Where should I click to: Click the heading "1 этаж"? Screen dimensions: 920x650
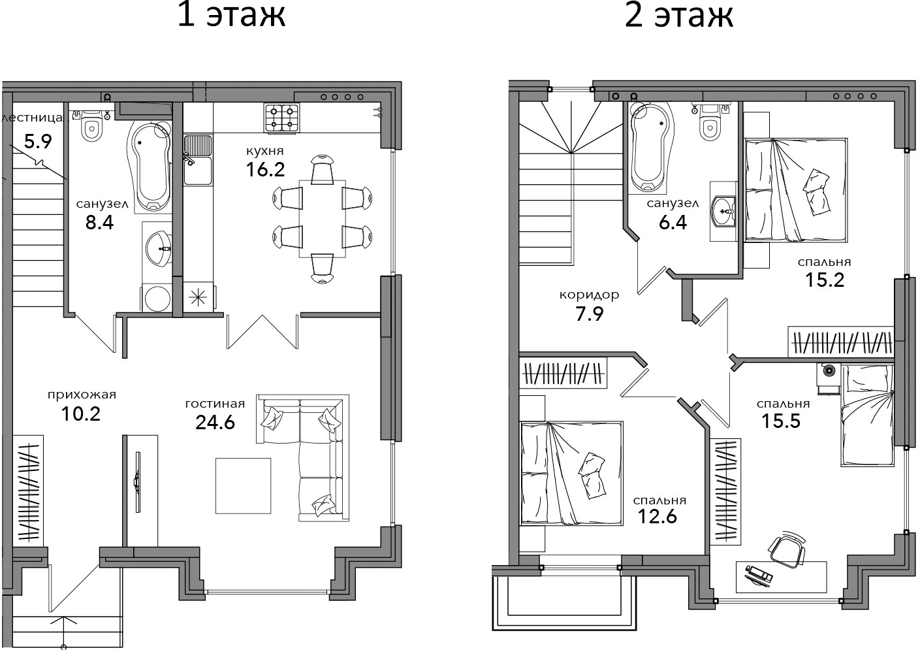tap(231, 15)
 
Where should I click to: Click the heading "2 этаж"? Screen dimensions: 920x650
tap(678, 15)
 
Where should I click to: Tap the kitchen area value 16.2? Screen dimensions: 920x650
tap(265, 169)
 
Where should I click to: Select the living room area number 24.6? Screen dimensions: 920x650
tap(215, 422)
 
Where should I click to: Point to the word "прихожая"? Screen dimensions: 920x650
tap(82, 395)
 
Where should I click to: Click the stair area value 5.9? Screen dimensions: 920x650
tap(38, 141)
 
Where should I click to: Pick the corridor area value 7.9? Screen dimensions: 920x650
tap(589, 314)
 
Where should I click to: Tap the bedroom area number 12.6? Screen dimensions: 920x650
tap(657, 516)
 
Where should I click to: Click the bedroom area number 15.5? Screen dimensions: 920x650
tap(781, 421)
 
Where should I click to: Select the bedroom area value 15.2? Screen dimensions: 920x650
tap(824, 280)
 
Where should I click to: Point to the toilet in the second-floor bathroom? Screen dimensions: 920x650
tap(711, 123)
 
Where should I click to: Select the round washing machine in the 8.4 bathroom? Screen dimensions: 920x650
tap(158, 298)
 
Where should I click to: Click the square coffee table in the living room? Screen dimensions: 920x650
tap(243, 485)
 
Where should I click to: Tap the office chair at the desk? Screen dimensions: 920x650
tap(787, 550)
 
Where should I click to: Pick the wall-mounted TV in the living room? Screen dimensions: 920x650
tap(138, 481)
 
